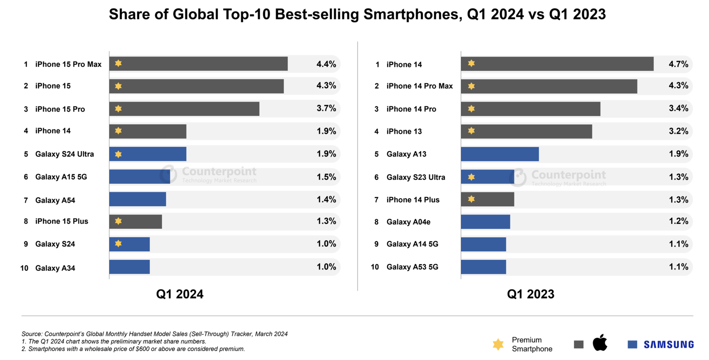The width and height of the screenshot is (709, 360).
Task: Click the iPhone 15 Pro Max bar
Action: [198, 64]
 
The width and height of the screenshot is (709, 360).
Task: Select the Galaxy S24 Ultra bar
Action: [148, 154]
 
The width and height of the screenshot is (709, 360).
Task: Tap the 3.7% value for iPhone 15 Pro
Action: [326, 109]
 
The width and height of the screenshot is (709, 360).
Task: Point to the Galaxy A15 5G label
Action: [61, 177]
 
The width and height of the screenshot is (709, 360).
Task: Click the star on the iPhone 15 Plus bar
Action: [118, 221]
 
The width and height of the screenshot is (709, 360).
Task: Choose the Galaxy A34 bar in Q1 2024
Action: [129, 267]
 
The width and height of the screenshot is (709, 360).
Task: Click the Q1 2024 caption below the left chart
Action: [179, 294]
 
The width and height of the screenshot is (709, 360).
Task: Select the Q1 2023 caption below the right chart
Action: [530, 294]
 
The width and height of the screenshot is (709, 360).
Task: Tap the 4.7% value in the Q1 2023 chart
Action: [678, 64]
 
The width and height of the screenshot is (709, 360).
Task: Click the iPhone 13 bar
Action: [526, 131]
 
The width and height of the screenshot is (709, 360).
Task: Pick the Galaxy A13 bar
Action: [499, 154]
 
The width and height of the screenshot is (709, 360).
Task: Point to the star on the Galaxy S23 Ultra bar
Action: [471, 177]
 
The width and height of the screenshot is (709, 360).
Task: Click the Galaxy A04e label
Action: [408, 222]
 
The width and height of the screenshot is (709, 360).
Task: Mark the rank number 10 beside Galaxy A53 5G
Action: [375, 267]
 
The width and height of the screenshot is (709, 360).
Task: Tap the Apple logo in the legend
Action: [600, 343]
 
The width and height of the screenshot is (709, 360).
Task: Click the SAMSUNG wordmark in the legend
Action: [669, 344]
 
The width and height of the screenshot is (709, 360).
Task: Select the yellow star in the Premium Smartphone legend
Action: [498, 344]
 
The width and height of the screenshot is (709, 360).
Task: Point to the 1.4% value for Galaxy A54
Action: [326, 200]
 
